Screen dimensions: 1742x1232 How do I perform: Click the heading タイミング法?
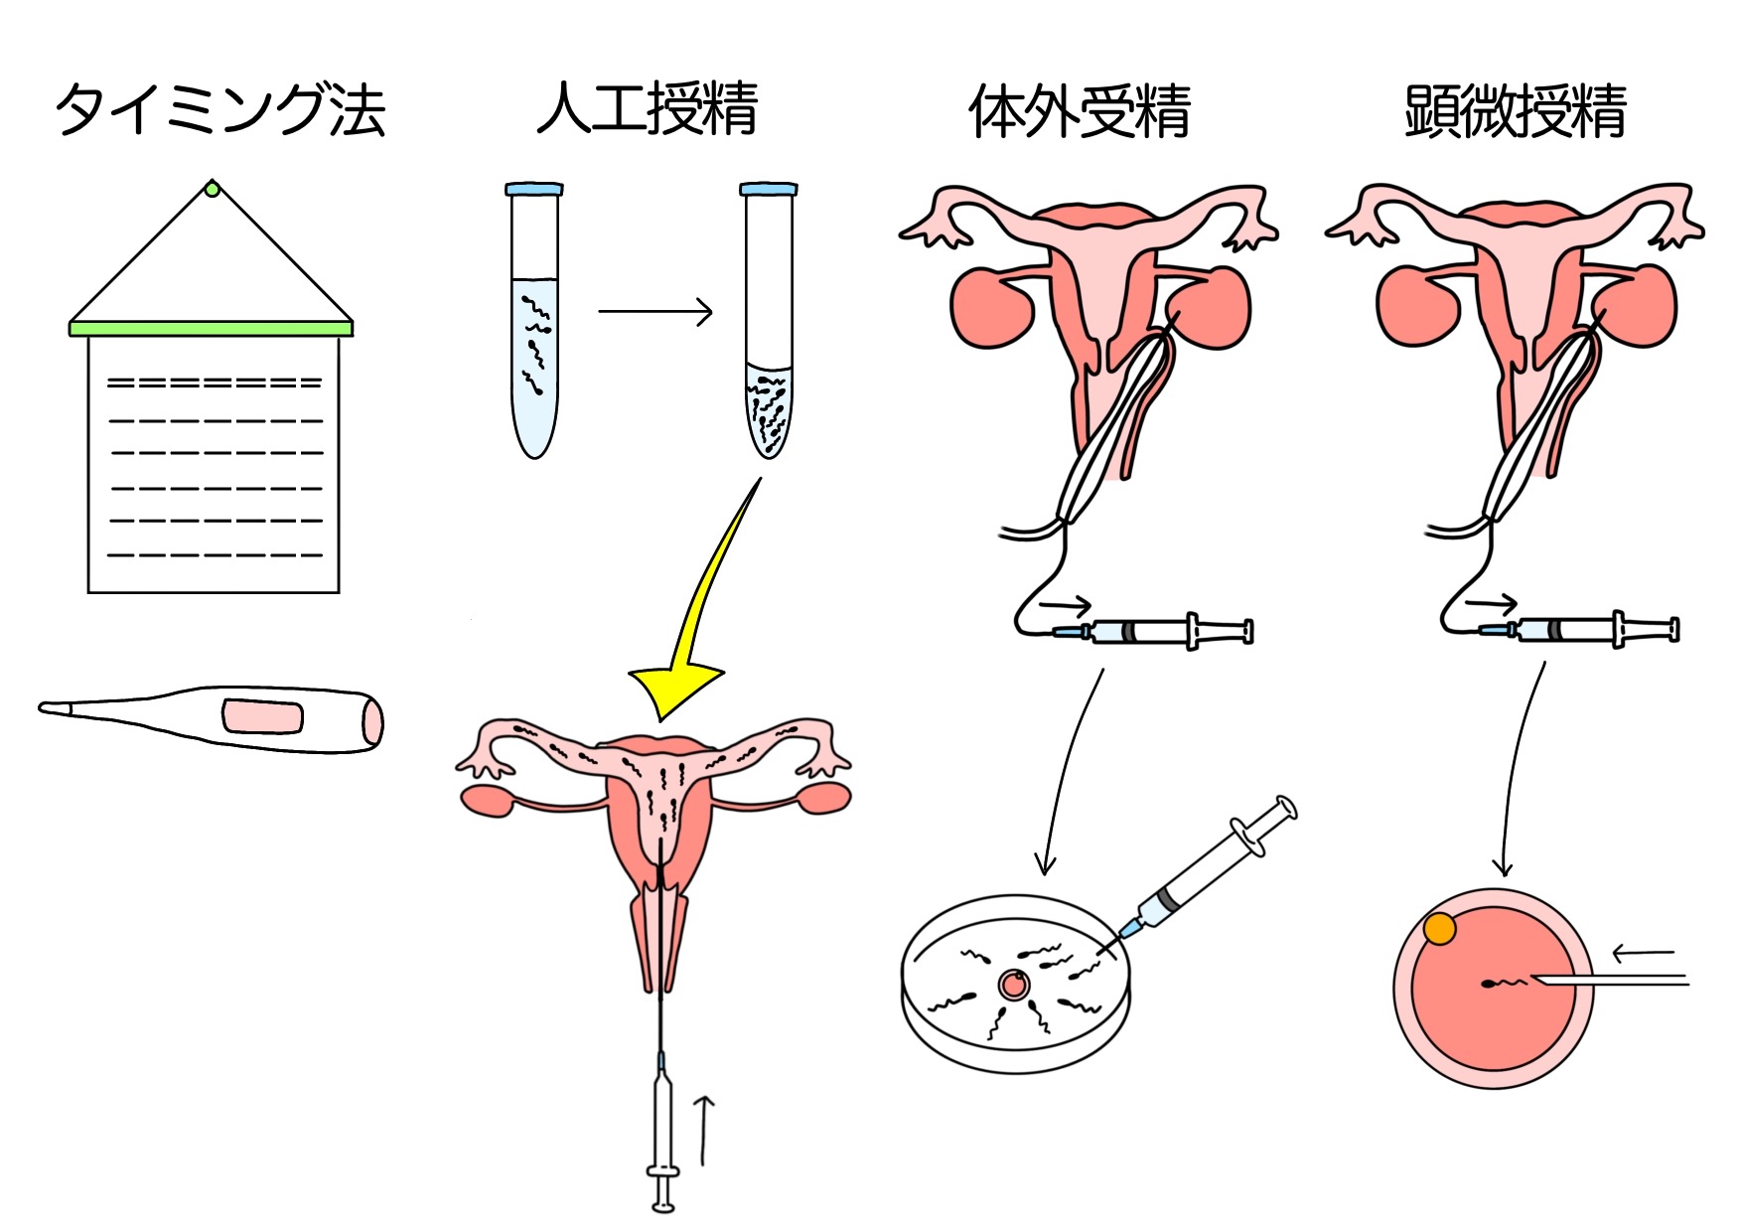219,109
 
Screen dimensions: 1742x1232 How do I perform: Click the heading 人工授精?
648,108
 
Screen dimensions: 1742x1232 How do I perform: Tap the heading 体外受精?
1080,110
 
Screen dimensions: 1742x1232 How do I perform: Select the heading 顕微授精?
1516,110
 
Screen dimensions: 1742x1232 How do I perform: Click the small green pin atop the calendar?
212,188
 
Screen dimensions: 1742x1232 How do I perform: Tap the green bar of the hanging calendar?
212,328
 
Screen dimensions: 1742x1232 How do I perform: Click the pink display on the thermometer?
262,716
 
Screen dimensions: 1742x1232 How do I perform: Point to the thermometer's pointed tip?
42,707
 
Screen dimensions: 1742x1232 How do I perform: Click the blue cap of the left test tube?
534,189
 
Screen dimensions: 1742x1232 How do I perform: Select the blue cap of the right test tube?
769,189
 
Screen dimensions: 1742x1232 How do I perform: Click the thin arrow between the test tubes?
655,312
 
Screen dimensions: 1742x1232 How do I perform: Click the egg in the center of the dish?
1014,985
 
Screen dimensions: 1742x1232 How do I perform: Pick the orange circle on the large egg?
1440,929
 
